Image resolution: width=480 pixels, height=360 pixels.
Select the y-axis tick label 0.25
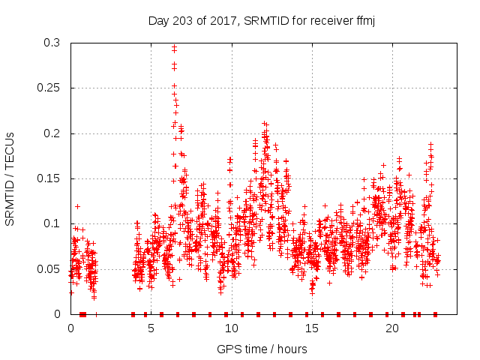point(50,88)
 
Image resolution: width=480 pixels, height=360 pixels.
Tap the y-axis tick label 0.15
point(50,178)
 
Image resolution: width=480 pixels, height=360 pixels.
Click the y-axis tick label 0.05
point(50,268)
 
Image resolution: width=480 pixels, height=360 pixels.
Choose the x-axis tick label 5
point(151,328)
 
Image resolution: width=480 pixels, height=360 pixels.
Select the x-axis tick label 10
point(231,328)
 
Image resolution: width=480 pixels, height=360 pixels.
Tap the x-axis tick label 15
point(311,328)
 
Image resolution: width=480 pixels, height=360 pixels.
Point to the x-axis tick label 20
point(392,328)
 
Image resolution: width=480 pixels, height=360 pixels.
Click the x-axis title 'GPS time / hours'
point(262,349)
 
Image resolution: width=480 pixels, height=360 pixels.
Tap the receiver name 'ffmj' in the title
point(364,21)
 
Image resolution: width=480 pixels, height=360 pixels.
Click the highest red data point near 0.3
point(174,46)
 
